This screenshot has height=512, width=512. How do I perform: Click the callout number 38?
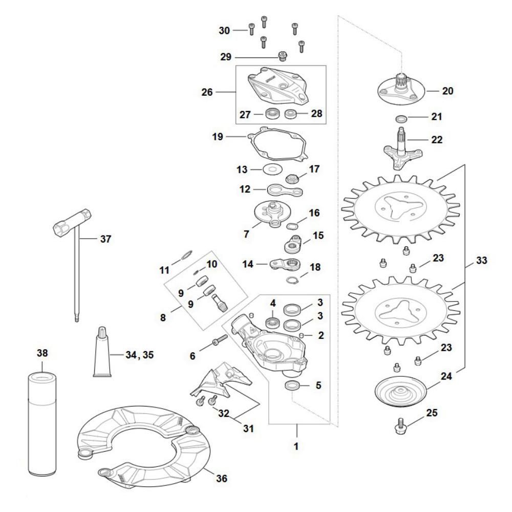[x=42, y=353]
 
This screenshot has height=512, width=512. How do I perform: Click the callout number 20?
[x=447, y=91]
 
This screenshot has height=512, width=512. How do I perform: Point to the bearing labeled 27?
[x=272, y=114]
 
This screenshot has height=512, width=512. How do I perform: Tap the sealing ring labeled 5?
[x=293, y=385]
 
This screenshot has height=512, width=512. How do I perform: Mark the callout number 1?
[x=296, y=446]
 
